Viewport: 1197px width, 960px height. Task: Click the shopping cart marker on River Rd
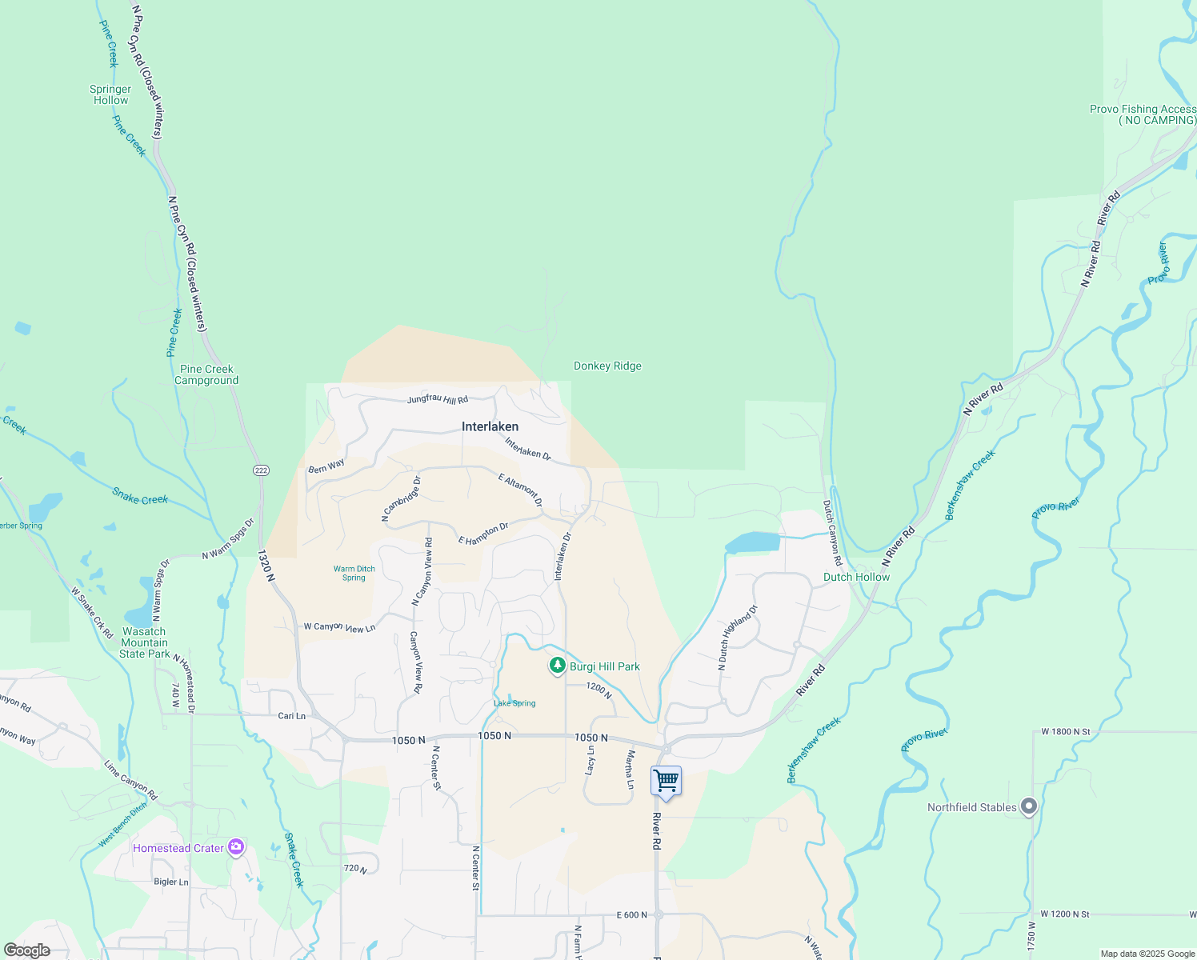click(666, 781)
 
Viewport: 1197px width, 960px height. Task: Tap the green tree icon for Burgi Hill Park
click(557, 666)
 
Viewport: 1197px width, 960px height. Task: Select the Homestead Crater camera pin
click(235, 846)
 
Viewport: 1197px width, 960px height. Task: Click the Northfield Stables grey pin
click(1029, 806)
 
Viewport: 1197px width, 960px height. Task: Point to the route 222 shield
click(261, 470)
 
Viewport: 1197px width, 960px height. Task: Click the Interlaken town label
click(490, 426)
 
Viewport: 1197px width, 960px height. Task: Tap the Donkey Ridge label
click(607, 366)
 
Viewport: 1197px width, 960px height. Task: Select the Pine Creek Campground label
click(206, 374)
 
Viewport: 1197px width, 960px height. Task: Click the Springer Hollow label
click(110, 94)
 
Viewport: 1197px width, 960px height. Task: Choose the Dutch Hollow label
click(856, 577)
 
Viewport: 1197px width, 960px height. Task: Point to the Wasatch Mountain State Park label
click(144, 642)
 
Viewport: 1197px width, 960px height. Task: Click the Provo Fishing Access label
click(1143, 114)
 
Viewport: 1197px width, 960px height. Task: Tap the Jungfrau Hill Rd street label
click(438, 398)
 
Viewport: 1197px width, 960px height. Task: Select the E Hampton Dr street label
click(483, 534)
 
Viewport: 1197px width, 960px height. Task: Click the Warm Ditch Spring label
click(354, 573)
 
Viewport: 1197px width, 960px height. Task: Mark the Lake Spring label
click(514, 703)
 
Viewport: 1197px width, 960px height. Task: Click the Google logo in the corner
click(27, 950)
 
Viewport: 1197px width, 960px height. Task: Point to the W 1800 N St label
click(1065, 731)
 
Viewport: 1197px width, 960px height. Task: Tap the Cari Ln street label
click(291, 716)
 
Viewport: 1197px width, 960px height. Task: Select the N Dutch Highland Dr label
click(738, 637)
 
